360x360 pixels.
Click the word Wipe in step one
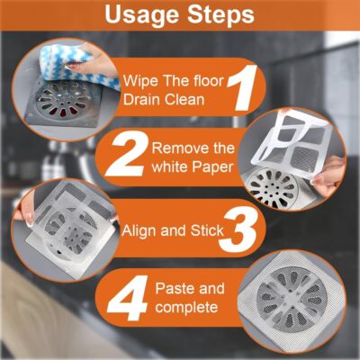142,77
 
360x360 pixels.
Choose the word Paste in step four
177,290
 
